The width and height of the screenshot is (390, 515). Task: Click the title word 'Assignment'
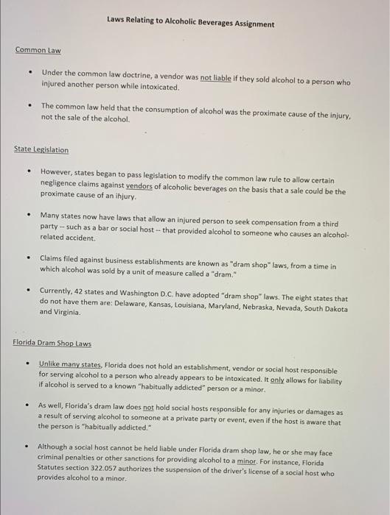251,24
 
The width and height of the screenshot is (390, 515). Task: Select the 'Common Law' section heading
38,51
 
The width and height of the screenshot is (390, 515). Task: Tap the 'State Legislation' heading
41,150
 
